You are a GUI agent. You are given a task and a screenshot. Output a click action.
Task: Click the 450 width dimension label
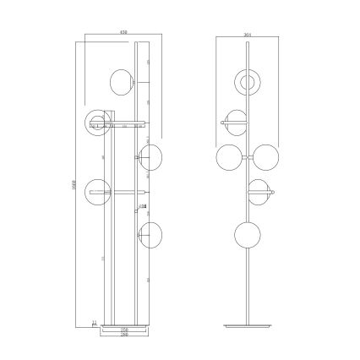123,32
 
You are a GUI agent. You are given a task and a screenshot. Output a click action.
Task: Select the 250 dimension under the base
123,330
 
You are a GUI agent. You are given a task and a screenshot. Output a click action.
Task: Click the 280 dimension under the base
123,335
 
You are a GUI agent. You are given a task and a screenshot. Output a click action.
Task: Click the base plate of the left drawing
123,324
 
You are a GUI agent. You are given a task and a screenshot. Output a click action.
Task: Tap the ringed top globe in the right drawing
248,83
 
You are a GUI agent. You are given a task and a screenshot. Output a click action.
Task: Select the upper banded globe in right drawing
233,123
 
